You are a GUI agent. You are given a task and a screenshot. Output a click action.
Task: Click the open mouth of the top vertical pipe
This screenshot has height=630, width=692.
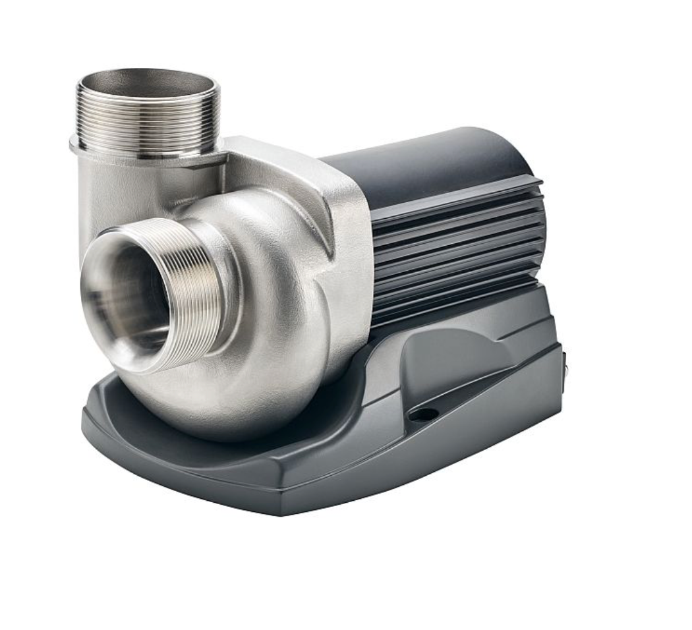146,85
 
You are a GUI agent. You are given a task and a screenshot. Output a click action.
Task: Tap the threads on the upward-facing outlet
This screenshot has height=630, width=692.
146,122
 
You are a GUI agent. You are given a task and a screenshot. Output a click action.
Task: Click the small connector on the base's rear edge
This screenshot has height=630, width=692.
564,362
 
